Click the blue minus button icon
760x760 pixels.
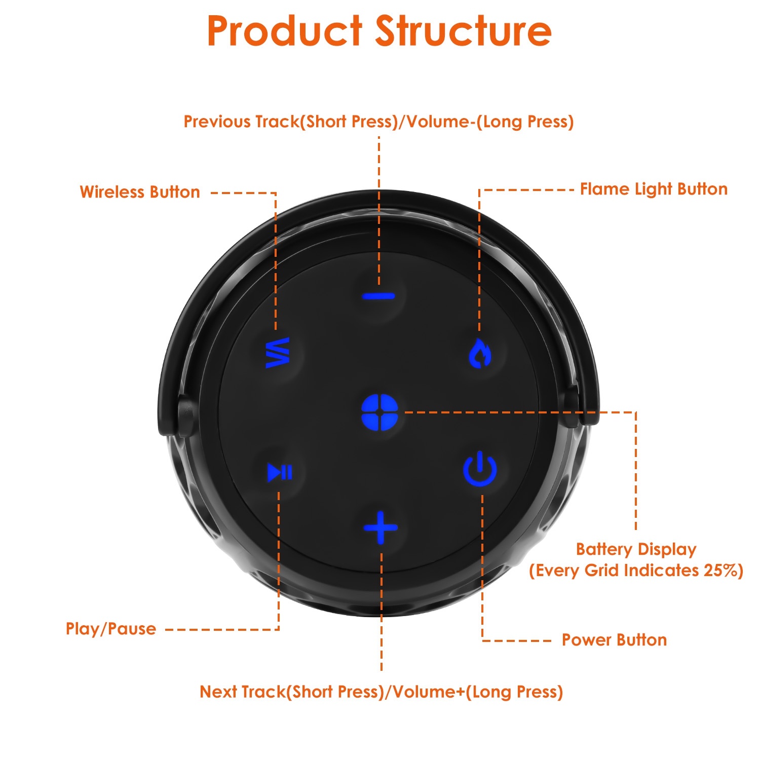378,296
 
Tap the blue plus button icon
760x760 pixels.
381,527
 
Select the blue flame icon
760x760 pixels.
479,353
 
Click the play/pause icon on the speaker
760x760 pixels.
279,472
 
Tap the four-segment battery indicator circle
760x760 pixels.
380,412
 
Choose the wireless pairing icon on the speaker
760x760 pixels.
278,353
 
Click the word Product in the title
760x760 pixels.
284,31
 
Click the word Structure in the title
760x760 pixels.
463,31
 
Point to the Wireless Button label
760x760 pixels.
140,192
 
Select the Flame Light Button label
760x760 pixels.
654,189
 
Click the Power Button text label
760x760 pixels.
614,640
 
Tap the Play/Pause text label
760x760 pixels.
111,629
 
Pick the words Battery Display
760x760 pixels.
636,549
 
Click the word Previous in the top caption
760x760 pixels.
217,122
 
